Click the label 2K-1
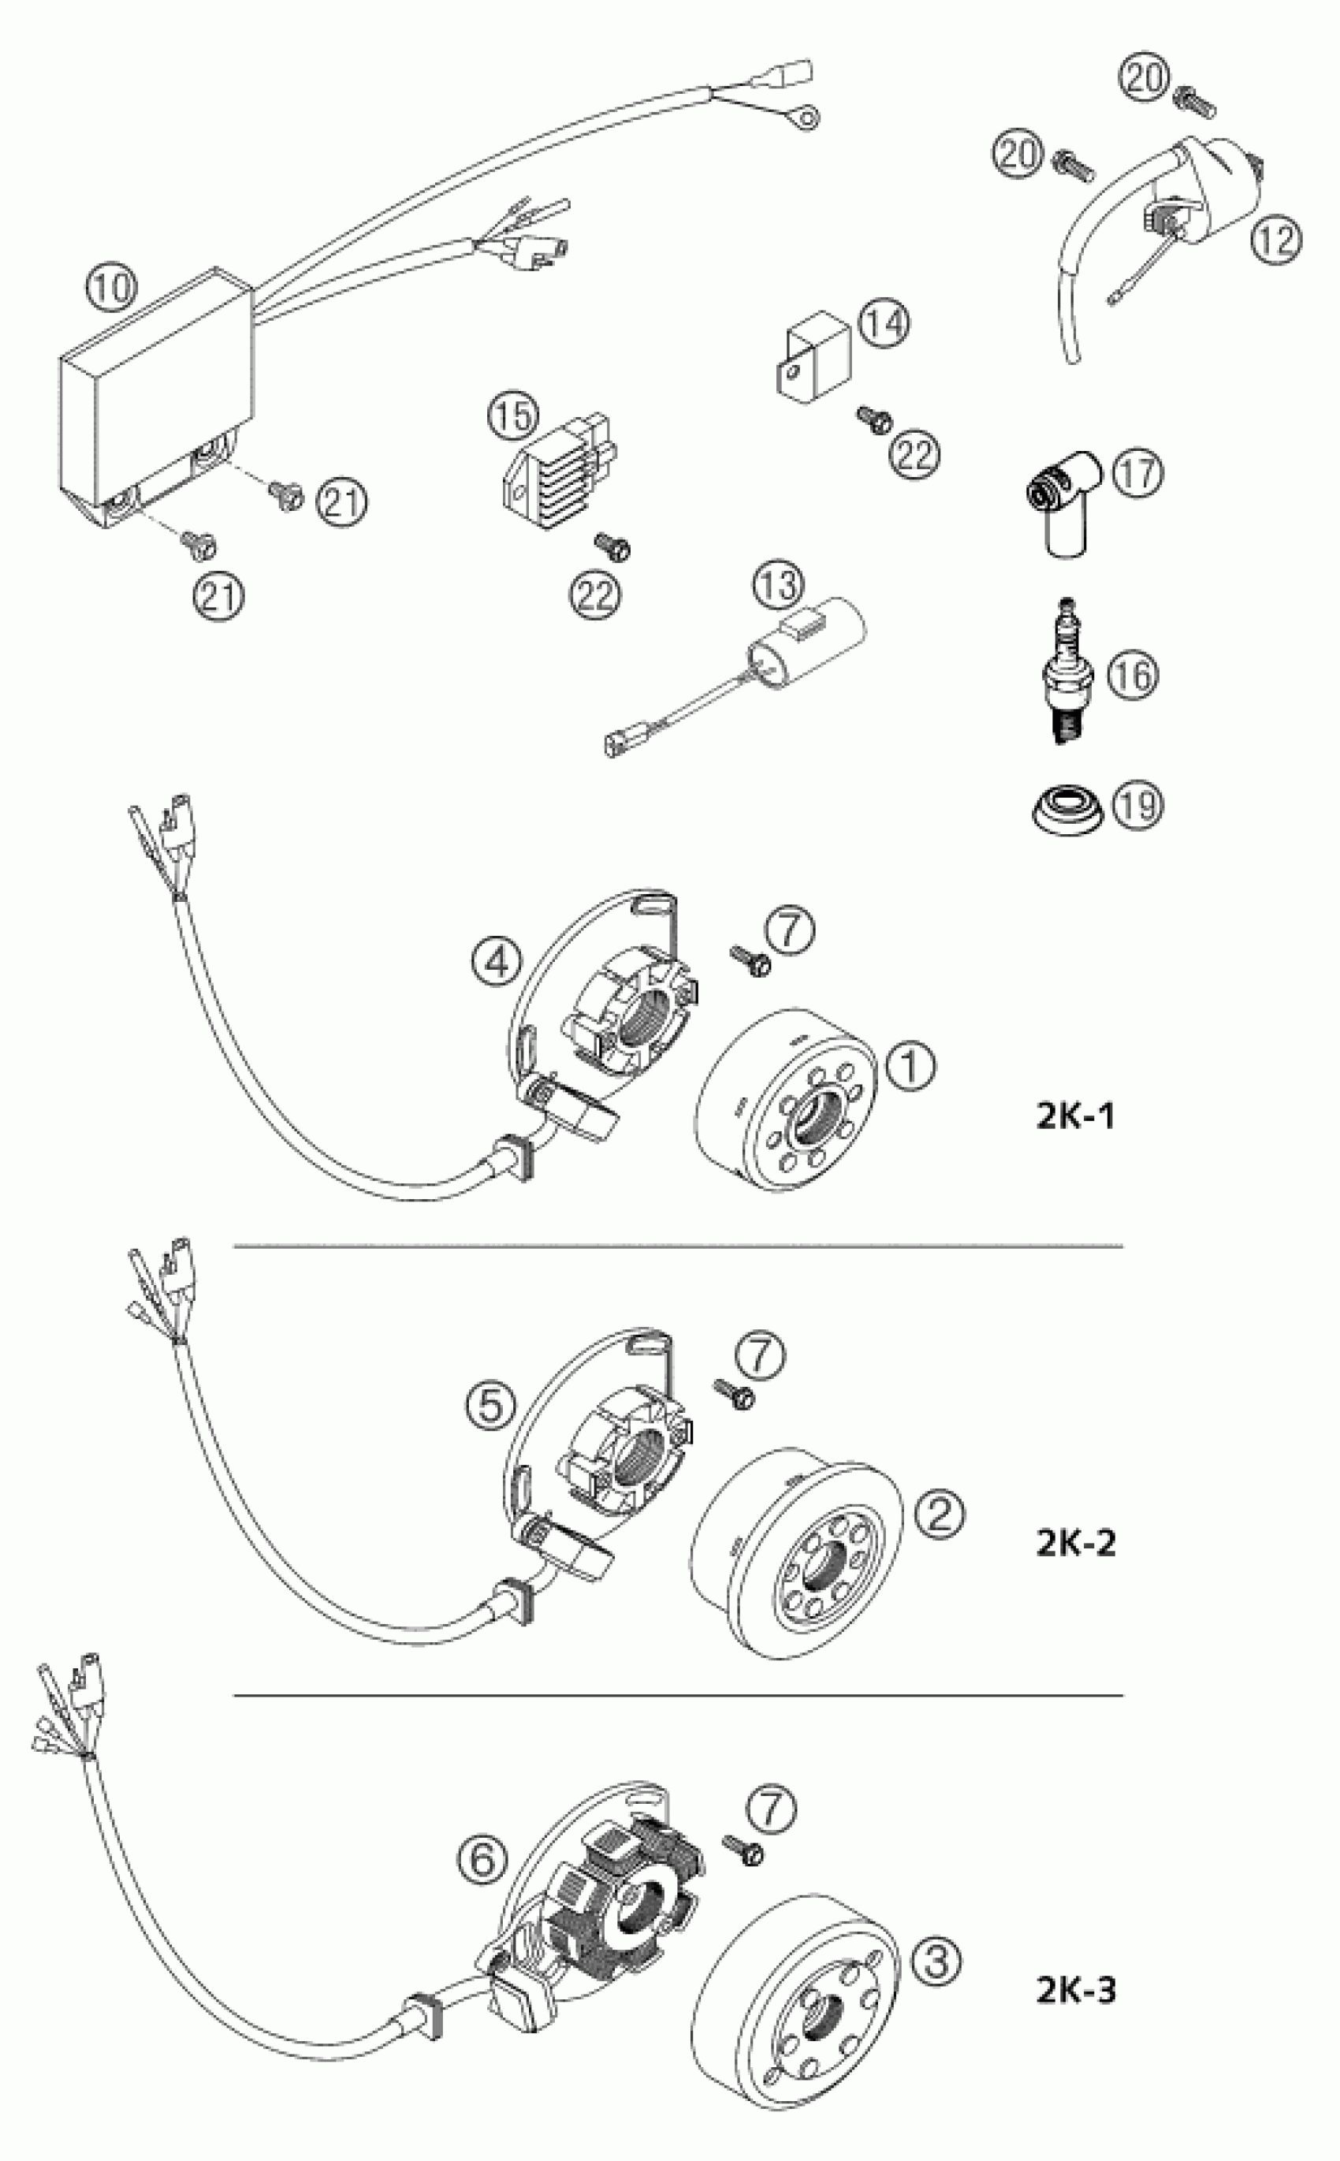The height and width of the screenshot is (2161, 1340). point(1074,1116)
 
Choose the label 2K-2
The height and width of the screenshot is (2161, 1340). point(1074,1543)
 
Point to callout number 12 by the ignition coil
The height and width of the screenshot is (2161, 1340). point(1276,240)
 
